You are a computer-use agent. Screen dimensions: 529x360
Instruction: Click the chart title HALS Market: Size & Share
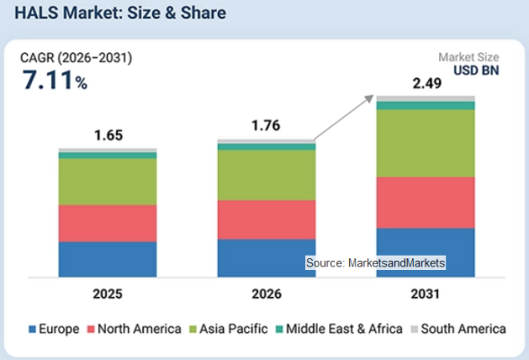(x=121, y=13)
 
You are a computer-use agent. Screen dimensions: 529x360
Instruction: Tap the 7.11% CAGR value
(x=55, y=80)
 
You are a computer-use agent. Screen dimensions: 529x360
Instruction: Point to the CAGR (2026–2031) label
(x=76, y=58)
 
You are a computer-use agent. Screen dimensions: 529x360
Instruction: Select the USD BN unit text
(x=476, y=70)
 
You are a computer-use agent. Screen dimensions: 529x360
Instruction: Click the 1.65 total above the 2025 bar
(x=108, y=135)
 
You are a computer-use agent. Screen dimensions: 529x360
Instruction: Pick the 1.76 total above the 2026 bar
(x=266, y=125)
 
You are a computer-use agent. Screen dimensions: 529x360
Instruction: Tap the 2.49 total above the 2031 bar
(x=426, y=84)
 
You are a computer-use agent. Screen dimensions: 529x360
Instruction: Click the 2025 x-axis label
(x=108, y=294)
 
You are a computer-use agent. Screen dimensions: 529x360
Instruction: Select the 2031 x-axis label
(x=426, y=294)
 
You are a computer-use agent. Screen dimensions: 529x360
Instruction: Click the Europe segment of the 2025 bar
(x=108, y=259)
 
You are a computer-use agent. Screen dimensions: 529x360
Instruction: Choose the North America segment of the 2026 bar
(x=266, y=220)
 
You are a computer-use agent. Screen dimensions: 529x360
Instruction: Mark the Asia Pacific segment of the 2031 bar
(x=426, y=143)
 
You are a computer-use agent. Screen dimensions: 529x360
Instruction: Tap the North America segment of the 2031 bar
(x=426, y=202)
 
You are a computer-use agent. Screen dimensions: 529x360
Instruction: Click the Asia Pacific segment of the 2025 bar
(x=108, y=182)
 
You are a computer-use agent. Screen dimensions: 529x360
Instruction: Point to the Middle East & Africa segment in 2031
(x=426, y=105)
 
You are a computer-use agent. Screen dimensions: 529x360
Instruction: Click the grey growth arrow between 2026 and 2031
(x=344, y=117)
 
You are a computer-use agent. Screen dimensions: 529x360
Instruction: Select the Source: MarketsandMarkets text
(x=375, y=263)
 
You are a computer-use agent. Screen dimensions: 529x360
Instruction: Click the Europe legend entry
(x=54, y=328)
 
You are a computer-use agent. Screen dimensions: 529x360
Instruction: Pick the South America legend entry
(x=459, y=328)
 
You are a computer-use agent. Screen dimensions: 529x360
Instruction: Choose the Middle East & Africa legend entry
(x=339, y=328)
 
